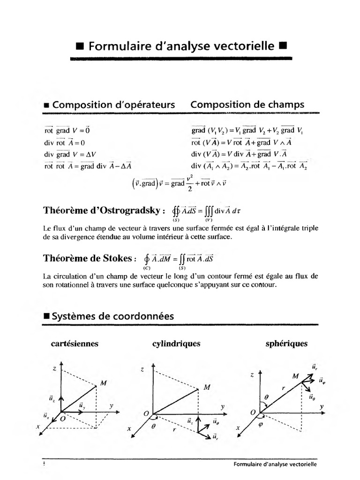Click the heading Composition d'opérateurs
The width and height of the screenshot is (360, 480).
click(113, 105)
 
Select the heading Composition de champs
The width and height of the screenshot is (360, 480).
click(247, 105)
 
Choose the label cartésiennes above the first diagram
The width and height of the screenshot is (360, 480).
click(75, 344)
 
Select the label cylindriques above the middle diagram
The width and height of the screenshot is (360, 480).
click(176, 344)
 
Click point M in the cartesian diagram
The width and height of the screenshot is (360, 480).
click(103, 383)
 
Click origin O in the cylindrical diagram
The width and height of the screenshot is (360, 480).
click(147, 412)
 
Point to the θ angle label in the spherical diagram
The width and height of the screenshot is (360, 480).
click(266, 397)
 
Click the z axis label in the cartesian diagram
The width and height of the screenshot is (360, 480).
click(54, 369)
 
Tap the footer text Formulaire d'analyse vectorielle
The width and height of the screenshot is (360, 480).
click(275, 464)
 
